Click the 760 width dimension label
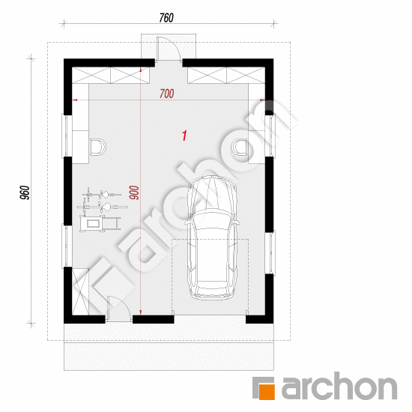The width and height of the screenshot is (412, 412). (x=166, y=18)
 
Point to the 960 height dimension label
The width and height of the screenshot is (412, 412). (x=25, y=193)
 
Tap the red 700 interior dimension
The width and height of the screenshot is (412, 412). (x=167, y=94)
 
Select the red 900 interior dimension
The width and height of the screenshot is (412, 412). (x=134, y=193)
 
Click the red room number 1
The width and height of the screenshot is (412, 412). (x=184, y=136)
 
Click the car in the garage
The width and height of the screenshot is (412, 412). (x=212, y=237)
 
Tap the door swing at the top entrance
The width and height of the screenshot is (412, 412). (x=169, y=49)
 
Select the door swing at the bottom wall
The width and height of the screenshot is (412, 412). (x=120, y=308)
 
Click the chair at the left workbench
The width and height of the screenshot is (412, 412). (x=98, y=147)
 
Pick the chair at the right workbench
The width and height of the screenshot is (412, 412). (x=240, y=147)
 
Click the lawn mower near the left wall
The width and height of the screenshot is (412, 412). (x=100, y=223)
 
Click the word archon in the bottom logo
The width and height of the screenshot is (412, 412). (x=339, y=387)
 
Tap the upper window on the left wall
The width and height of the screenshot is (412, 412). (x=67, y=136)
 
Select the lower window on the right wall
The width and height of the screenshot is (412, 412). (x=270, y=252)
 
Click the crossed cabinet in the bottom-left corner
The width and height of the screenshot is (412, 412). (x=80, y=291)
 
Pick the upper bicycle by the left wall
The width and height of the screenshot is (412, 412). (x=102, y=195)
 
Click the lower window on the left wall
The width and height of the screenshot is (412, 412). (x=67, y=246)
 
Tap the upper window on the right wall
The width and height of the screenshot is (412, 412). (x=270, y=136)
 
